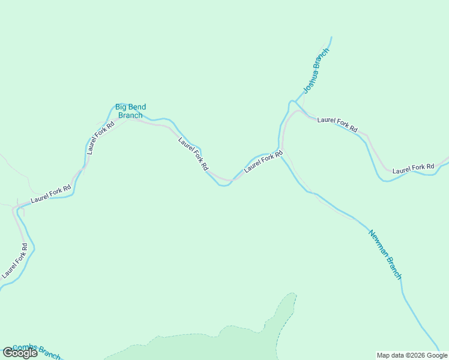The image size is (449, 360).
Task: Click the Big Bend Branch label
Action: pyautogui.click(x=130, y=111)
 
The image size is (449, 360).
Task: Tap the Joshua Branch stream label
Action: pyautogui.click(x=316, y=70)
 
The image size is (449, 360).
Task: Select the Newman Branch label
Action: pyautogui.click(x=384, y=254)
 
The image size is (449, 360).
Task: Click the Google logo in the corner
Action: pyautogui.click(x=20, y=353)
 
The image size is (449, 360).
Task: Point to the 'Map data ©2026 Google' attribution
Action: pyautogui.click(x=412, y=355)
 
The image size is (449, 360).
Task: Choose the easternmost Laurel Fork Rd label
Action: pyautogui.click(x=413, y=169)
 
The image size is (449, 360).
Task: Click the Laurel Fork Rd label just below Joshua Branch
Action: pyautogui.click(x=337, y=124)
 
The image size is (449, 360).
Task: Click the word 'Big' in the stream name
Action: pyautogui.click(x=121, y=107)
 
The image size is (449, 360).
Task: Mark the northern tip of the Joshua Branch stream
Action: pyautogui.click(x=331, y=38)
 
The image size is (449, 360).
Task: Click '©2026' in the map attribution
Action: pyautogui.click(x=414, y=355)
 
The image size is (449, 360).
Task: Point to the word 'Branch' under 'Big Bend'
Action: pyautogui.click(x=130, y=116)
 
